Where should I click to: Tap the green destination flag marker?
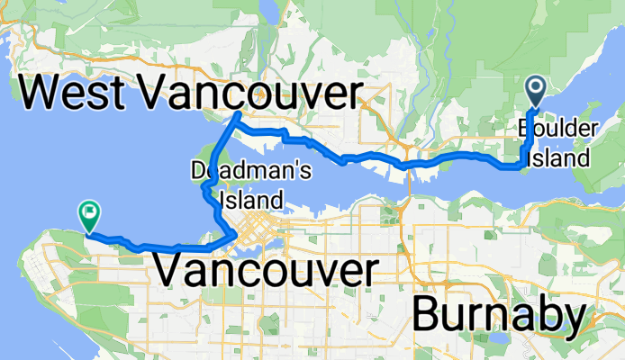pos(89,214)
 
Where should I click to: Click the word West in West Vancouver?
pos(78,93)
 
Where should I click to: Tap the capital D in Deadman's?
pos(198,169)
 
